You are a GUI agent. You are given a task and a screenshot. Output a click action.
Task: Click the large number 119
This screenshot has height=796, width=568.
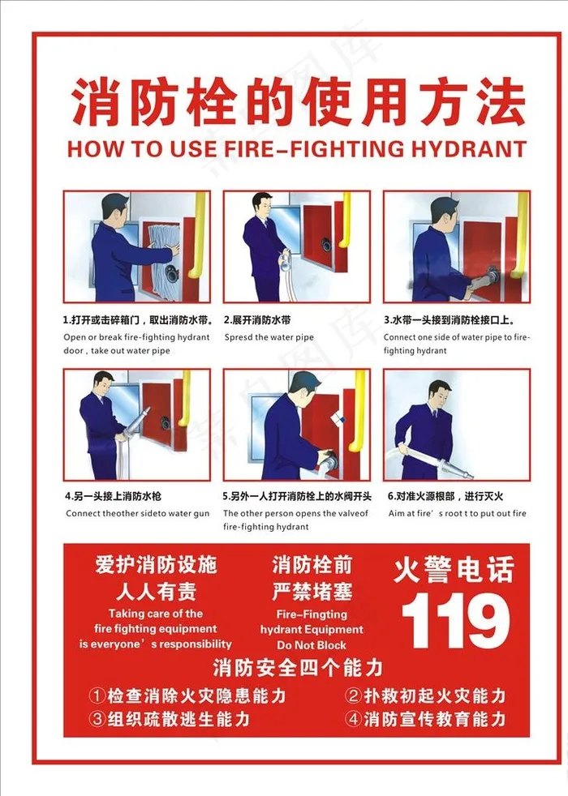tap(455, 622)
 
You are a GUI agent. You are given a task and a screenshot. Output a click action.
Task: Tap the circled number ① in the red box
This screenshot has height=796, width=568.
tap(97, 695)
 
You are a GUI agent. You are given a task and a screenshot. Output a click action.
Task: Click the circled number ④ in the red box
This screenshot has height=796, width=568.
tap(353, 719)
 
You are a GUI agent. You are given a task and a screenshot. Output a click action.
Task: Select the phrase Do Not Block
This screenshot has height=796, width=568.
tap(312, 645)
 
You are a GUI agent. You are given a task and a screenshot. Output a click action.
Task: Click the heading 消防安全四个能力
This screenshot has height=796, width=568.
tap(298, 668)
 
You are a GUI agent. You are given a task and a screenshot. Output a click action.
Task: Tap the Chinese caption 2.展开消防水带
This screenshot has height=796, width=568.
tap(257, 320)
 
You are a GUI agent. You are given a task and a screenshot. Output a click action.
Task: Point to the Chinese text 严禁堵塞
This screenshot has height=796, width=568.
tap(312, 592)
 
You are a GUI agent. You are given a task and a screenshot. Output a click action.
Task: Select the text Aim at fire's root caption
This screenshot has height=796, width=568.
tap(458, 513)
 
